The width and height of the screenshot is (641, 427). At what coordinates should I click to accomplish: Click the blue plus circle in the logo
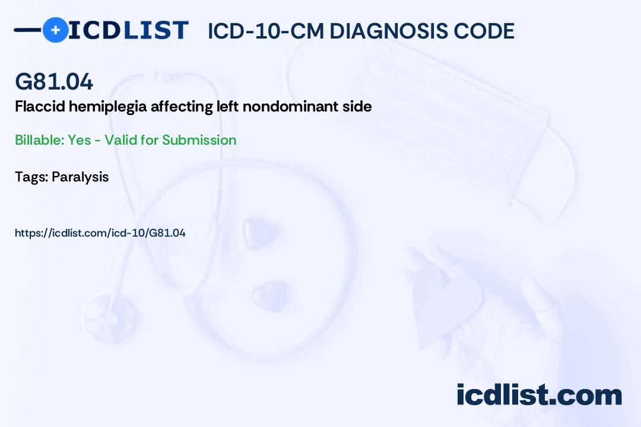click(55, 30)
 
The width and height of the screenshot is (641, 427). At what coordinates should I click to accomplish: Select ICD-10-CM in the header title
click(265, 31)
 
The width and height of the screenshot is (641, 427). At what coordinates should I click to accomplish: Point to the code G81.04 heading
click(54, 82)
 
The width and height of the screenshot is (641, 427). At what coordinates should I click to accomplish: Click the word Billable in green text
click(37, 140)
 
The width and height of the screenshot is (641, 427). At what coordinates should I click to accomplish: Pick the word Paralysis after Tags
click(80, 177)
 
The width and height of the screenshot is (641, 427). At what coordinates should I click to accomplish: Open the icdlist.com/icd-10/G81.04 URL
click(100, 233)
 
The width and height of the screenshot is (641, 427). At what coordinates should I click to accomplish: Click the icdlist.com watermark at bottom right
click(539, 395)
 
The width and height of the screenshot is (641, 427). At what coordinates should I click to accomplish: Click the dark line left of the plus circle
click(27, 30)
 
